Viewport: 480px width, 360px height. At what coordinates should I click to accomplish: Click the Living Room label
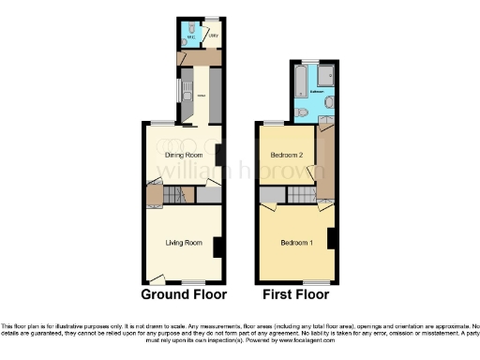[184, 244]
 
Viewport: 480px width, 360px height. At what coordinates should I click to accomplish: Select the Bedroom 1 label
[296, 244]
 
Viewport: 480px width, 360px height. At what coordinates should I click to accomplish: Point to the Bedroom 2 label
[286, 156]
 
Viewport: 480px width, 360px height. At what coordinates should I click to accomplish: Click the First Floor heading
[295, 294]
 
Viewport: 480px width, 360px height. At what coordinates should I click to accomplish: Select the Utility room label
[213, 37]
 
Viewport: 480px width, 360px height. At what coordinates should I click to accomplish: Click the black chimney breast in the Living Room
[217, 247]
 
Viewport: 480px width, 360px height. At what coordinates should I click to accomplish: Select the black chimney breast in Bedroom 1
[330, 238]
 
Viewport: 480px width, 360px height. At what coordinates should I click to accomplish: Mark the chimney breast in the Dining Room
[218, 155]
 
